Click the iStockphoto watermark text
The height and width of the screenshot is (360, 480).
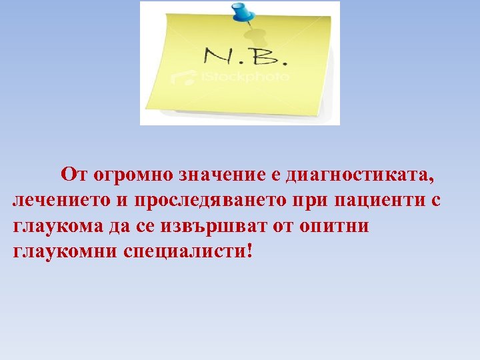point(244,77)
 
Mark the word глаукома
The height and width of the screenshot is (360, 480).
point(56,227)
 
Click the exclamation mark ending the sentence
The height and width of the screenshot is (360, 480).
point(250,251)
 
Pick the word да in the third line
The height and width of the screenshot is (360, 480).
point(117,227)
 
